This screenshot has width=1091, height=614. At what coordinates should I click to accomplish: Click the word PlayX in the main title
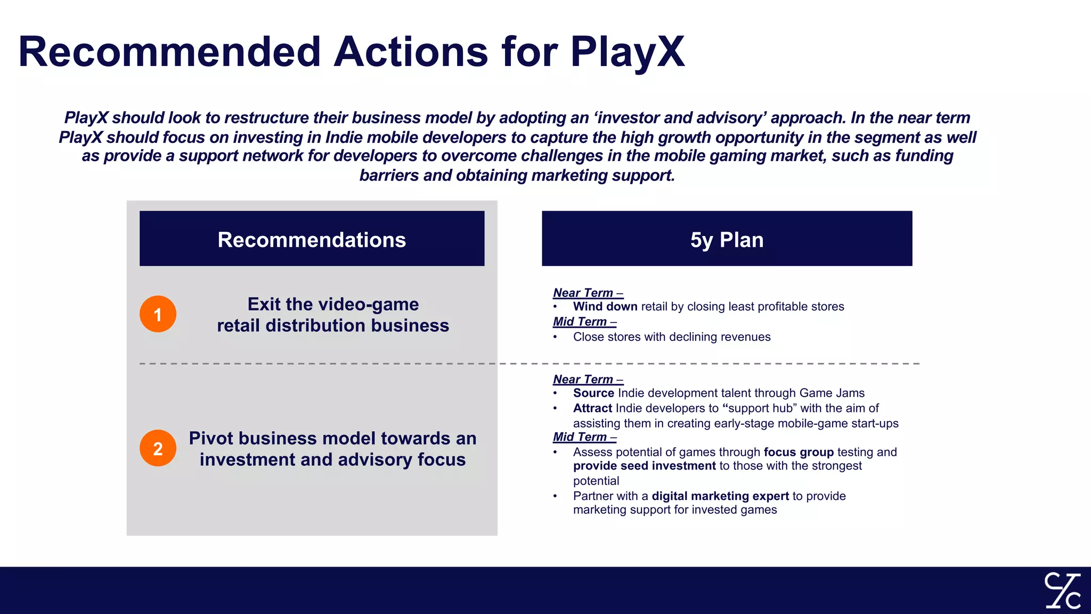627,52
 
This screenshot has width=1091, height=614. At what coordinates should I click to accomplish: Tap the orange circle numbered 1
158,314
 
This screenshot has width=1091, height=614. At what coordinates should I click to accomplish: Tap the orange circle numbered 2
158,448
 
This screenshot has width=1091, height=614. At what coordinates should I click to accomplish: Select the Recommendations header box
312,239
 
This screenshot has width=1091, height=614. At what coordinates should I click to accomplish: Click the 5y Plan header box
727,239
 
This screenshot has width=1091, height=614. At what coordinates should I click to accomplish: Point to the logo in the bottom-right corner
1062,590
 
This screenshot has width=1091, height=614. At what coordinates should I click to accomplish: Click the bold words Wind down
605,306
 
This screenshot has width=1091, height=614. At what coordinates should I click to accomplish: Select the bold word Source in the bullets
593,393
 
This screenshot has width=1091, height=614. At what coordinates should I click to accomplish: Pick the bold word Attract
592,408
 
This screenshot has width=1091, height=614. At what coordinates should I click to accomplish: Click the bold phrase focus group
798,453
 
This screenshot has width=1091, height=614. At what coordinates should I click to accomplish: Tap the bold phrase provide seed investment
644,466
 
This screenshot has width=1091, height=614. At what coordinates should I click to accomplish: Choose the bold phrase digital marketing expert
720,496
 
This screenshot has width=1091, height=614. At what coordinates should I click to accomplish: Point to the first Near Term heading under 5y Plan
588,293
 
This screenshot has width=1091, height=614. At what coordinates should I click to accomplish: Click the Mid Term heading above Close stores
584,322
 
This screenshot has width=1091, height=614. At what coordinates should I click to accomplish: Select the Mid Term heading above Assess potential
584,437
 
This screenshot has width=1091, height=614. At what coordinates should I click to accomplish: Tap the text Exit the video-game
333,304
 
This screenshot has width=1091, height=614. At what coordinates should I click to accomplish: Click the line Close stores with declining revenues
671,337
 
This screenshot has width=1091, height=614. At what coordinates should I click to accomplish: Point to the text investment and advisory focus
332,459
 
